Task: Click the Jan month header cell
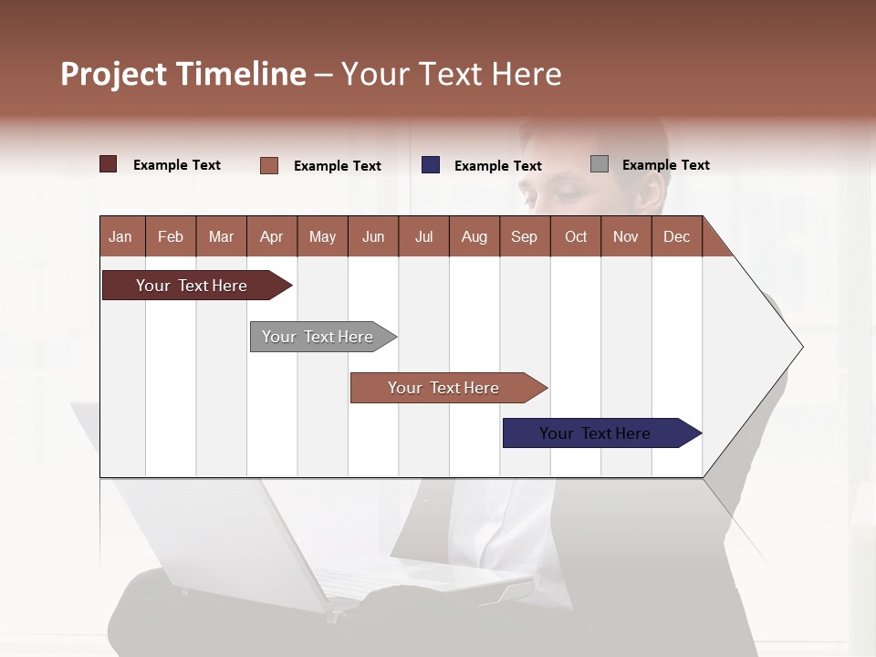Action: (x=120, y=236)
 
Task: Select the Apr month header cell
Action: (x=271, y=236)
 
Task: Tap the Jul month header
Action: (x=423, y=236)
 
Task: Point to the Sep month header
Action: (x=524, y=236)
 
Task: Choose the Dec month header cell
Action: (x=676, y=236)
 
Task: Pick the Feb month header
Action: (x=171, y=236)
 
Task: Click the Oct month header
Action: (x=576, y=236)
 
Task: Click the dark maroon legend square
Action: (x=109, y=164)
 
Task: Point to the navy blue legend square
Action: (x=431, y=165)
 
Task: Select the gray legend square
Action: (x=600, y=164)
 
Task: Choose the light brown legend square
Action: (x=269, y=165)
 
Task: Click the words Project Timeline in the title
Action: (x=182, y=74)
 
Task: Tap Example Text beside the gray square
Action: (x=665, y=165)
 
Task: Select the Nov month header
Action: (x=626, y=236)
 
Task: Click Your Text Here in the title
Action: (x=451, y=74)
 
